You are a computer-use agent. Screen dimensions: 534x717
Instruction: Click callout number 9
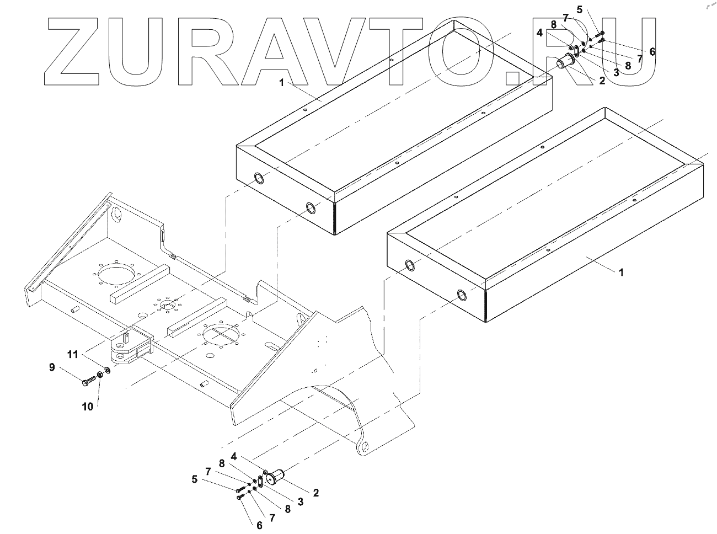click(52, 368)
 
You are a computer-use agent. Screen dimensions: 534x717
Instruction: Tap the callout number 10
click(88, 407)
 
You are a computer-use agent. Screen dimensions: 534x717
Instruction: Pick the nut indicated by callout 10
click(100, 375)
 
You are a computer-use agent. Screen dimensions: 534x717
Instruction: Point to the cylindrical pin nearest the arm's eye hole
click(277, 477)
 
